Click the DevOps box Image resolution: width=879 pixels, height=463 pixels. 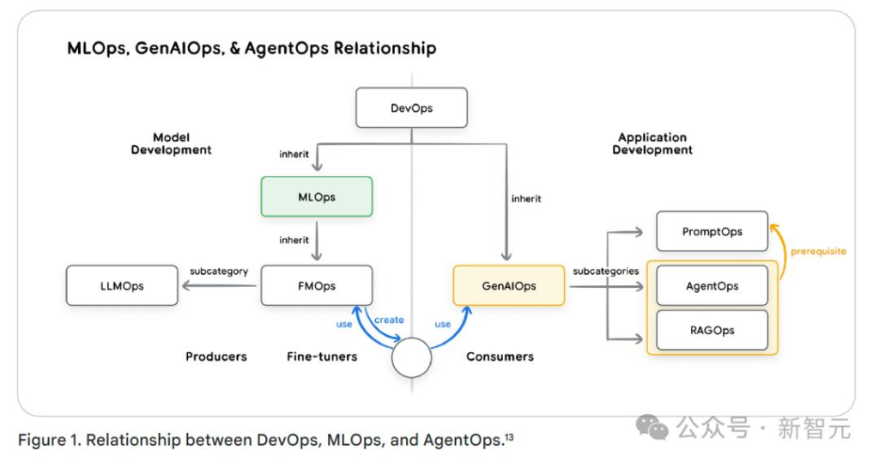click(x=411, y=108)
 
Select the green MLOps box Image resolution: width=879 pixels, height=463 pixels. click(x=316, y=197)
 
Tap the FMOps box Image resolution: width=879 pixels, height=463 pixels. click(x=316, y=286)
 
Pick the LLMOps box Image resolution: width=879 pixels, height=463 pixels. click(x=121, y=286)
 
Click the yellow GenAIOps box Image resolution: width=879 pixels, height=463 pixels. click(x=508, y=286)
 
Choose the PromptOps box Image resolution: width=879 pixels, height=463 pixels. click(x=712, y=231)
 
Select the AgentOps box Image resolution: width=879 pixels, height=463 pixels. click(x=712, y=286)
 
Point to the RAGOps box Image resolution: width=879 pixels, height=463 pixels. click(x=712, y=331)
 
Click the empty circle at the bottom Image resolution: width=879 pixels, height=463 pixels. click(x=412, y=356)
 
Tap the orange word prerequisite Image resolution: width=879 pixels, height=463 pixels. click(x=817, y=252)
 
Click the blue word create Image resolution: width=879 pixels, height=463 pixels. click(x=389, y=320)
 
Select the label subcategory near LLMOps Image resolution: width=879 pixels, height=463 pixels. click(x=219, y=271)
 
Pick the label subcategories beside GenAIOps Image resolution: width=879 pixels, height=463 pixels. click(x=606, y=271)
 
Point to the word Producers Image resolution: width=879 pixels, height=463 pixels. click(x=216, y=356)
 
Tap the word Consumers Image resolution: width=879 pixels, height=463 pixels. click(x=500, y=356)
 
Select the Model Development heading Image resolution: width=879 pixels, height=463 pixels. click(x=171, y=143)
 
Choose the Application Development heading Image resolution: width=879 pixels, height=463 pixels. click(x=652, y=143)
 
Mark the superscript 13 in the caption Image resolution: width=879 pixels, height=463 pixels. click(x=508, y=437)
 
